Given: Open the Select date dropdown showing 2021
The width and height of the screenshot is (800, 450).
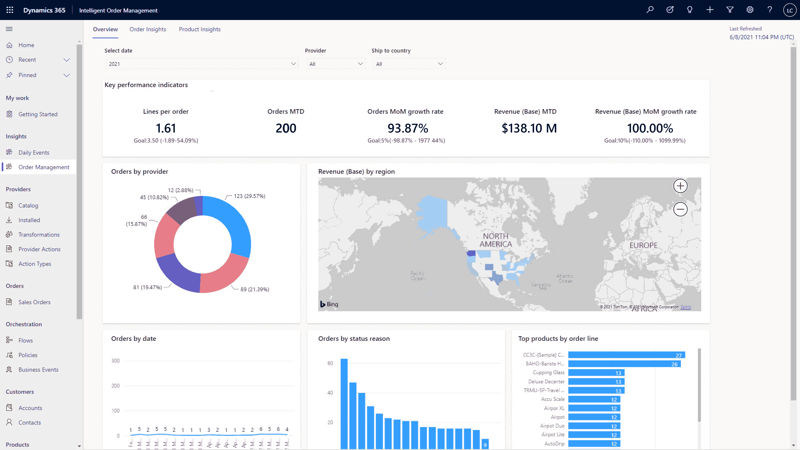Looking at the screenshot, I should coord(202,64).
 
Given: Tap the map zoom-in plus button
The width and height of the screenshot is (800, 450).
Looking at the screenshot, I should coord(680,186).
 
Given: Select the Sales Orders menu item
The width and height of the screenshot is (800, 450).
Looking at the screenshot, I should coord(34,302).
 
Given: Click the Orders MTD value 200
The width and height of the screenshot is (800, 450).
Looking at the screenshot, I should coord(286,128).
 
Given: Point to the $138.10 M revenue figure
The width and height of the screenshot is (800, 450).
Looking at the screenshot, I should coord(529,128).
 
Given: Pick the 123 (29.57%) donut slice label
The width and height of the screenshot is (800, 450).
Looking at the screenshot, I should coord(249,196).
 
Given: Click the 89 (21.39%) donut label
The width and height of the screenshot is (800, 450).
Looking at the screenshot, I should coord(254,289).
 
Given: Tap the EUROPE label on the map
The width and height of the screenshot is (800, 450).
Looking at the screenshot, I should coord(643,245).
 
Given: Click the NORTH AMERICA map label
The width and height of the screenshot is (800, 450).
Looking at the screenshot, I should coord(495,240).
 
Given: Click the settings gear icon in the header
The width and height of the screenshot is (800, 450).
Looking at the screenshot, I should coord(750,10).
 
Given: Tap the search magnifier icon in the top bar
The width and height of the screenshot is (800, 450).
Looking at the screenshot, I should coord(650,10).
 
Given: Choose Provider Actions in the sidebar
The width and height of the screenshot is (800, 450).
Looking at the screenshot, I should coord(39,249).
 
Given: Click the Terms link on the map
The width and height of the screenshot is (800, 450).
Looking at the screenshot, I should coord(685,307).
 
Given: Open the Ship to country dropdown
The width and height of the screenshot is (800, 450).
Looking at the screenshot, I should coord(409,64).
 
